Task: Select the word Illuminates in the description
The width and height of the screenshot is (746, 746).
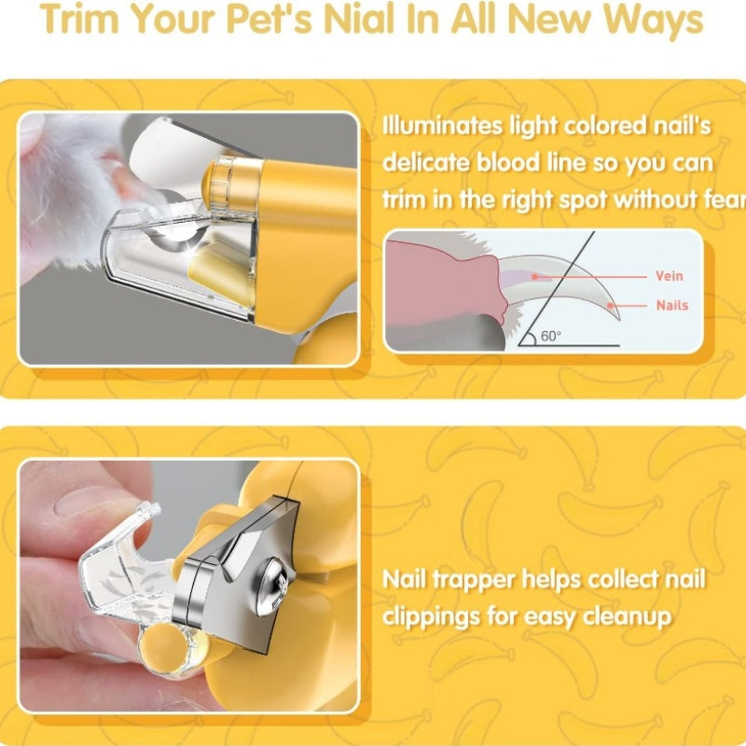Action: pos(442,126)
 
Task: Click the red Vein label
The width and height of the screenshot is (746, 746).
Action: pos(669,276)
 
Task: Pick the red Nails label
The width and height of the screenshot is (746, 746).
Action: pos(672,305)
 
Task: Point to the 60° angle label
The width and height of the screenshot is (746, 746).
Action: pos(550,336)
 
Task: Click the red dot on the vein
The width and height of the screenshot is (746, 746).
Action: pos(534,276)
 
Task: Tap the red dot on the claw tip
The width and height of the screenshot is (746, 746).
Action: pos(611,306)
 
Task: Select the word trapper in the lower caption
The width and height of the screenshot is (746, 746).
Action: pos(471,580)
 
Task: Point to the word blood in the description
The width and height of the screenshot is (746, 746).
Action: pos(508,162)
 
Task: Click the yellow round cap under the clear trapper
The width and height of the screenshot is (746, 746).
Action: pos(162,647)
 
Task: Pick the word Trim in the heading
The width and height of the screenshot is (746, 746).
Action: pos(79,19)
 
